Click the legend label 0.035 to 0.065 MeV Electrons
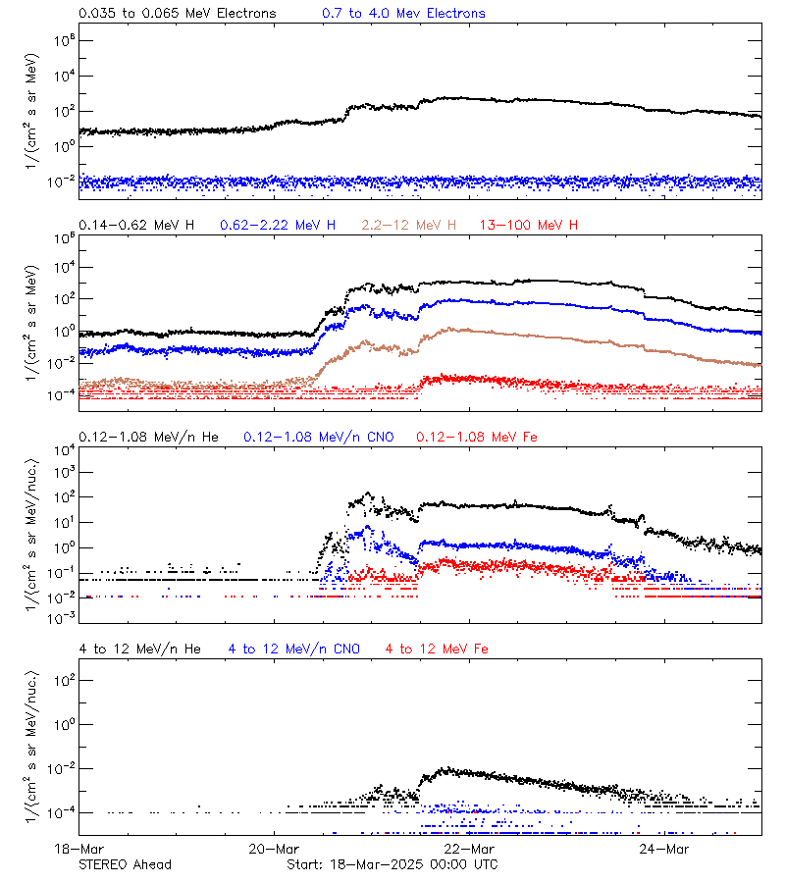tap(178, 14)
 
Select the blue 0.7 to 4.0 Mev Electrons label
tap(403, 14)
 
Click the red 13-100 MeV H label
tap(529, 226)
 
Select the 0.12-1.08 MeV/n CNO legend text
tap(318, 437)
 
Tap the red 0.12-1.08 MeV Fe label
tap(477, 437)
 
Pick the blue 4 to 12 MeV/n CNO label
tap(294, 649)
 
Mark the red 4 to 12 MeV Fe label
tap(437, 649)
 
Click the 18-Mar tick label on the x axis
tap(78, 849)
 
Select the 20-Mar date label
tap(274, 849)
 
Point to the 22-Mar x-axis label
tap(469, 849)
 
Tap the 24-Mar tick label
tap(664, 849)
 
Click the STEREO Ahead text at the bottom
tap(125, 864)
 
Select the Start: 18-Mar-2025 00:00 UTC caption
tap(392, 864)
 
